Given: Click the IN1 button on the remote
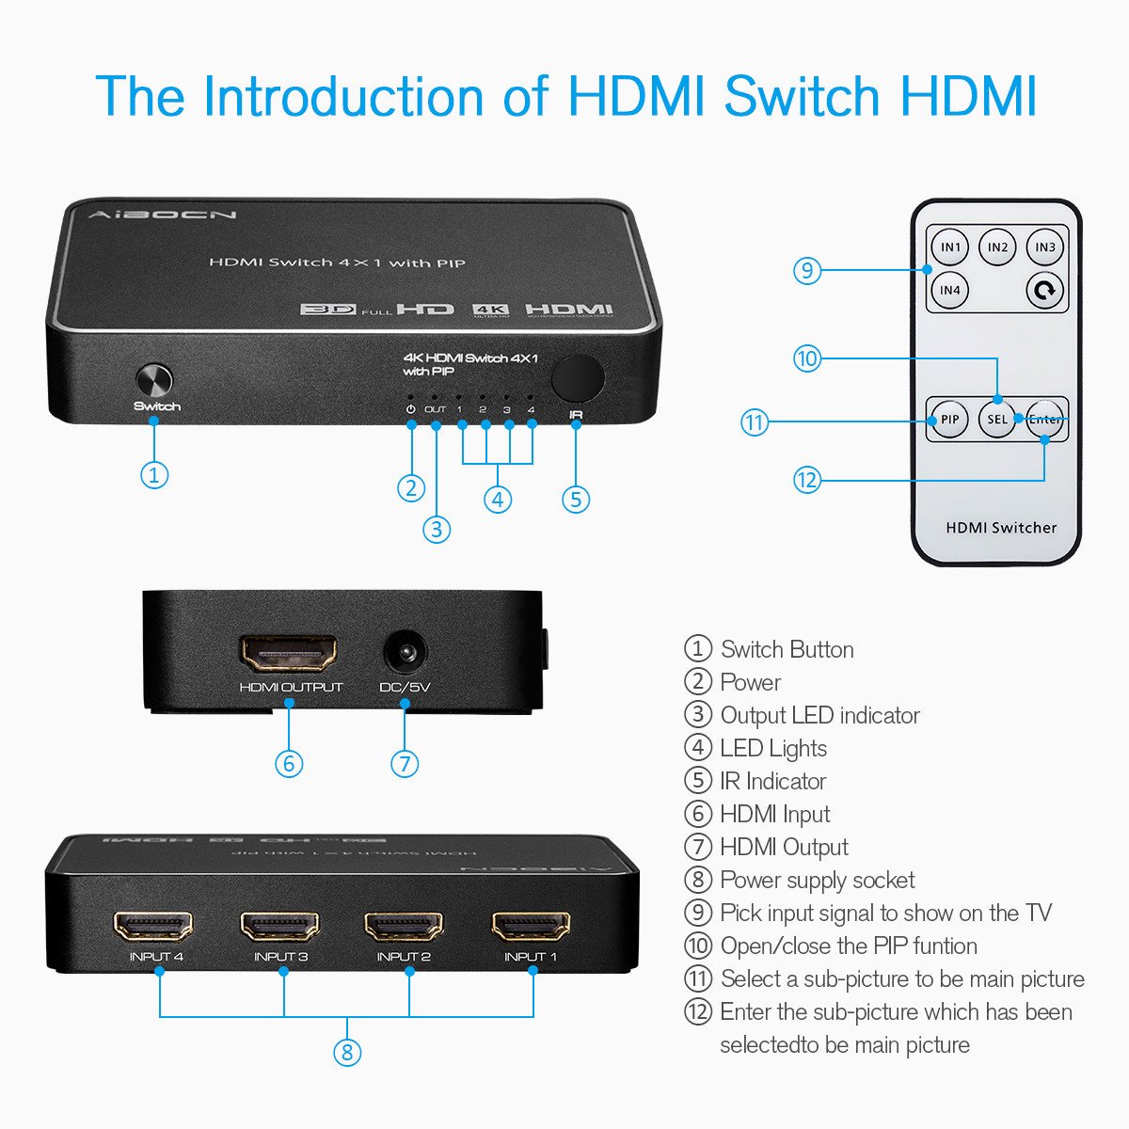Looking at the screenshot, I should pyautogui.click(x=950, y=247).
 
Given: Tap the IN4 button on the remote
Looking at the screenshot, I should pyautogui.click(x=950, y=290).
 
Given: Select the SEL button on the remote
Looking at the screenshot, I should pyautogui.click(x=997, y=420).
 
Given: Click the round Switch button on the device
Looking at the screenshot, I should pyautogui.click(x=154, y=381).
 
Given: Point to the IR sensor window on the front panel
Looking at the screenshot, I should pyautogui.click(x=577, y=377).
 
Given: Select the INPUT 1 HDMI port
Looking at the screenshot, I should pyautogui.click(x=531, y=926).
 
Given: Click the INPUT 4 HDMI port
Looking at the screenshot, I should pyautogui.click(x=153, y=926).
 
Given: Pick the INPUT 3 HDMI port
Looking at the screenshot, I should pyautogui.click(x=280, y=926).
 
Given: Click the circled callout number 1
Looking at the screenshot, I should pyautogui.click(x=154, y=474).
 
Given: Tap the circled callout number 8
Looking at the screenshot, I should pyautogui.click(x=347, y=1051).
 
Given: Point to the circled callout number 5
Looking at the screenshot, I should pyautogui.click(x=576, y=499).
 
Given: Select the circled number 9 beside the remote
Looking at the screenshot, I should pyautogui.click(x=807, y=271).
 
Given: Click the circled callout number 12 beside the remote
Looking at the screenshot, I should pyautogui.click(x=807, y=480).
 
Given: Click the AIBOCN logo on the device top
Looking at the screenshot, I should pyautogui.click(x=164, y=215).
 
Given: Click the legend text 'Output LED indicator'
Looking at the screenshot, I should pyautogui.click(x=819, y=715).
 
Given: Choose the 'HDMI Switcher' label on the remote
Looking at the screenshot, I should pyautogui.click(x=1000, y=528).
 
